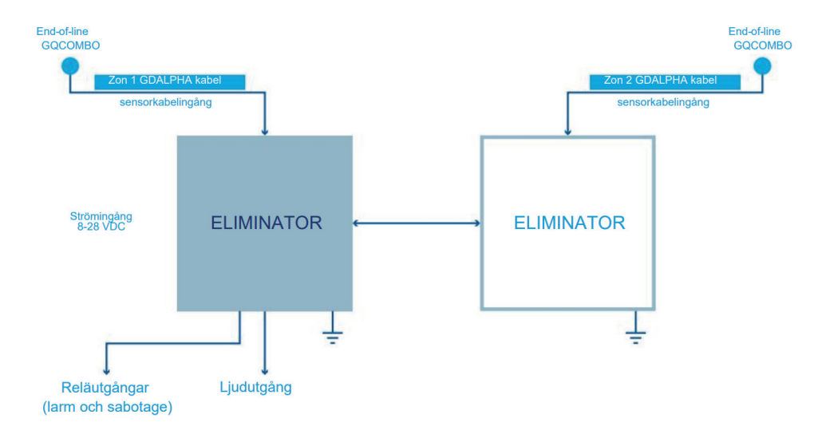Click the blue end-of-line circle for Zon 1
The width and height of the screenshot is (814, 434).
(x=70, y=66)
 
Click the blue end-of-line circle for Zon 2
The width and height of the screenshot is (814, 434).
(x=762, y=66)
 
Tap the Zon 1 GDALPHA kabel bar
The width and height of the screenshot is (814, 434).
(x=170, y=81)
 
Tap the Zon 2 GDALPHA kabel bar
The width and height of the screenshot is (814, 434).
(x=665, y=81)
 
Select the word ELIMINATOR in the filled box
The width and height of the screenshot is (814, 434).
(x=267, y=223)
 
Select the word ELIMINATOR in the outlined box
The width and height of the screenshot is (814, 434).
(x=570, y=223)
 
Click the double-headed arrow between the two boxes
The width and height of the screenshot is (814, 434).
(x=417, y=223)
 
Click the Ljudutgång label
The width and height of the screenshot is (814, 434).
(x=255, y=387)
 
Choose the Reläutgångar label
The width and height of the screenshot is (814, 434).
(x=105, y=388)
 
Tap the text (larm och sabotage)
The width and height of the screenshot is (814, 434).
(x=108, y=407)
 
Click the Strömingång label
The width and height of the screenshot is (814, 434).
(x=101, y=216)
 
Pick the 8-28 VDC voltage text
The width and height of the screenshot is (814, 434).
(x=101, y=227)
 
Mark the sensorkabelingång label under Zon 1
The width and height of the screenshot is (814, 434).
(x=166, y=102)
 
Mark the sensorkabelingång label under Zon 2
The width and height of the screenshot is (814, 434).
(x=663, y=102)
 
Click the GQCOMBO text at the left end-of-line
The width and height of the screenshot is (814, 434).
(x=70, y=45)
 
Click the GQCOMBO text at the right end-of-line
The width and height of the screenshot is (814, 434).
(x=763, y=45)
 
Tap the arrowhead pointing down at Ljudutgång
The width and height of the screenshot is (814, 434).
(x=265, y=372)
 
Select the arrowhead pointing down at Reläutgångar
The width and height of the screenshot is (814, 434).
(x=106, y=372)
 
